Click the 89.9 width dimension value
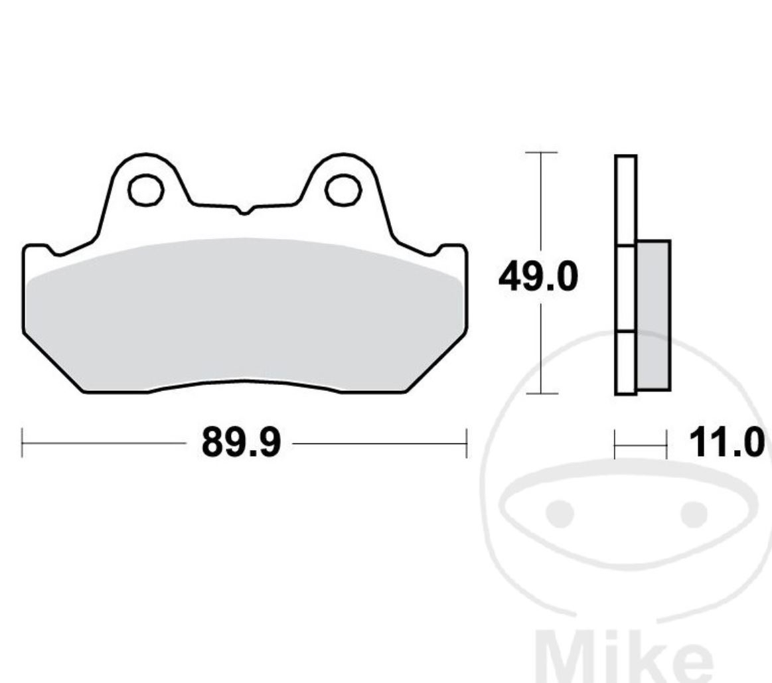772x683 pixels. point(241,443)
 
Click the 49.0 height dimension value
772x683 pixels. point(538,277)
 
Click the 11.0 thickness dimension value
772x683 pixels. point(727,443)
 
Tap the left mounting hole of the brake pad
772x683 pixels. point(146,190)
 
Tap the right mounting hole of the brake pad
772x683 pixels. point(343,190)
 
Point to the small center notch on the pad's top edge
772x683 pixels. point(244,211)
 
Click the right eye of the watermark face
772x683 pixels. point(694,513)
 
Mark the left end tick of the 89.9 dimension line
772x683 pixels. point(23,443)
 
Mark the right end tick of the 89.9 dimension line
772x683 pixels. point(467,443)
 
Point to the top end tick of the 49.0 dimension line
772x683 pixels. point(541,153)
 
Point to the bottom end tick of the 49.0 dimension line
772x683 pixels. point(541,394)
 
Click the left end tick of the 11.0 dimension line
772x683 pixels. point(615,443)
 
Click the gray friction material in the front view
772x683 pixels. point(244,312)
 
